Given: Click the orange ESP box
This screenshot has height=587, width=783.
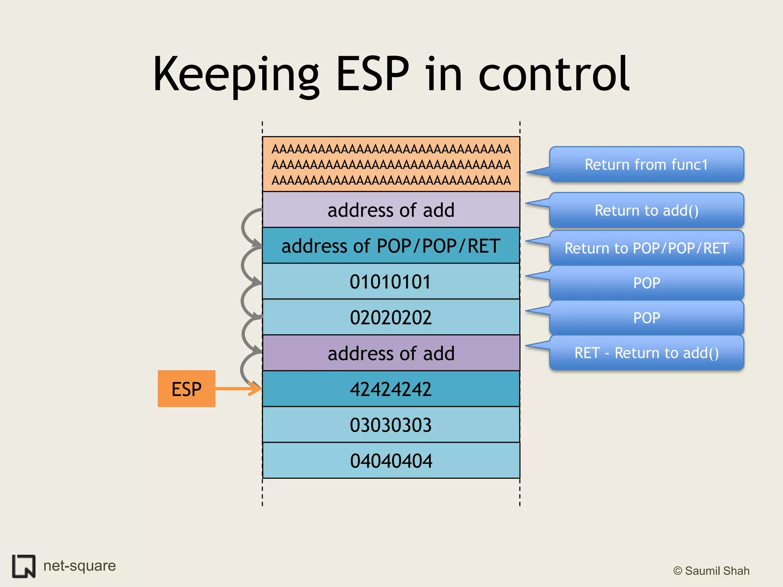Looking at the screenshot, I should pyautogui.click(x=186, y=388).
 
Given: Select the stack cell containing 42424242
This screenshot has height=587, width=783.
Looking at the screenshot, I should pyautogui.click(x=391, y=389).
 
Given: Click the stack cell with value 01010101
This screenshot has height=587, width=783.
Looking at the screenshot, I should pyautogui.click(x=391, y=282).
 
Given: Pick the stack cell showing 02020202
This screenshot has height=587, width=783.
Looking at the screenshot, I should pyautogui.click(x=391, y=317).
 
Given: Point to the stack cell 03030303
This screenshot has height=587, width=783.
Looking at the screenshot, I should pyautogui.click(x=391, y=425).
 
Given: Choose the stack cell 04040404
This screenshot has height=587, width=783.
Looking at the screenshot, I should pyautogui.click(x=391, y=461).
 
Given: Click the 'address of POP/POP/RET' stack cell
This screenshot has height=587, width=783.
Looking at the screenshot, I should pyautogui.click(x=391, y=246).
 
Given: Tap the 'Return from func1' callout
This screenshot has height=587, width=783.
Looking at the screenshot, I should pyautogui.click(x=646, y=165).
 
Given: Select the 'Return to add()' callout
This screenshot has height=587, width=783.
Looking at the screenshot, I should pyautogui.click(x=646, y=211).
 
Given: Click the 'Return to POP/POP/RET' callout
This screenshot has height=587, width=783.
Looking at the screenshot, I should pyautogui.click(x=646, y=248).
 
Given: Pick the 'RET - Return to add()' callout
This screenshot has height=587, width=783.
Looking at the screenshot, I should pyautogui.click(x=646, y=353).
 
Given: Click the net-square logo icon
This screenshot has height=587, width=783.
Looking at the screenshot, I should pyautogui.click(x=24, y=566).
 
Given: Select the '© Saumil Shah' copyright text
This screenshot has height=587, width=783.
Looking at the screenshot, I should pyautogui.click(x=711, y=571).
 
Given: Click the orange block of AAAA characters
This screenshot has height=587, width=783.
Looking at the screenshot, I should pyautogui.click(x=391, y=164).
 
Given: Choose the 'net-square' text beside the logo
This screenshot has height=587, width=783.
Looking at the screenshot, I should pyautogui.click(x=80, y=566).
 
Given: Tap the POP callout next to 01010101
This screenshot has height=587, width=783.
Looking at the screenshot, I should pyautogui.click(x=646, y=283).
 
